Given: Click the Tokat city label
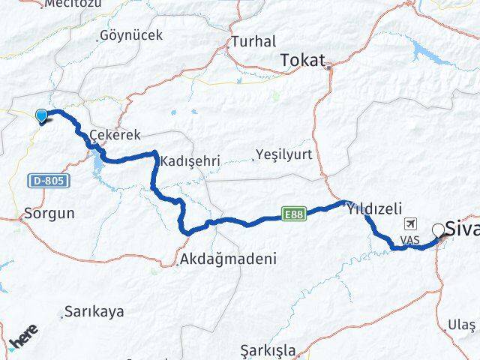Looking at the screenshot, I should (x=303, y=60).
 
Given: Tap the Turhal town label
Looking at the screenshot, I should (x=253, y=41).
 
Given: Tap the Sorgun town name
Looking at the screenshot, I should (x=49, y=213).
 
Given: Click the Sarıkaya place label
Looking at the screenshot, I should (x=94, y=311).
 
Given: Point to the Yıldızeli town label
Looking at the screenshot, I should (x=374, y=210).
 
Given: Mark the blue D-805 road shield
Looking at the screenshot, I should (x=49, y=181).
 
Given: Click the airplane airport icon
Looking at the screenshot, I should (x=410, y=223).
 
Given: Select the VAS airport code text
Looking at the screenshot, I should (x=409, y=239).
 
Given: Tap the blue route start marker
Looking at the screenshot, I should (x=41, y=115).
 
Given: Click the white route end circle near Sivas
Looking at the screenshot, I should (x=437, y=229).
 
